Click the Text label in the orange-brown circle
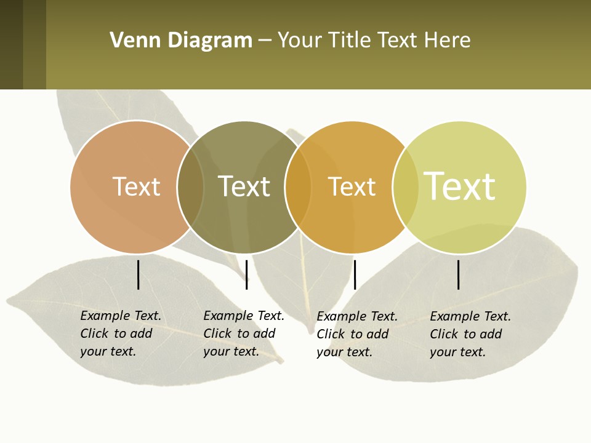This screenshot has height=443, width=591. [x=136, y=186]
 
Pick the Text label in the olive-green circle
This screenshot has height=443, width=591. [x=244, y=186]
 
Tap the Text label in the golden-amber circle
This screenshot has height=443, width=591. [x=352, y=186]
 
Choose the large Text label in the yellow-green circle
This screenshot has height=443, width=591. [x=460, y=186]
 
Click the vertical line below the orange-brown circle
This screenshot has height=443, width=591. [x=139, y=274]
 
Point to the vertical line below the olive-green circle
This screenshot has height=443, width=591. [x=246, y=274]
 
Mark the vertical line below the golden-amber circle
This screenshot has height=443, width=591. [x=355, y=274]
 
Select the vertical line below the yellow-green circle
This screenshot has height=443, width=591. [x=459, y=274]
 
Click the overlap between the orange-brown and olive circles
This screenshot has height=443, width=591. [x=191, y=187]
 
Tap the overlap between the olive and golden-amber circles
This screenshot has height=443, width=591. [x=299, y=187]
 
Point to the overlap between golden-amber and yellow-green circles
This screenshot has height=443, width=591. [x=406, y=187]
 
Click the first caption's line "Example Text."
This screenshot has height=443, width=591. [x=121, y=316]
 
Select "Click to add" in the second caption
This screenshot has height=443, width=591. [x=239, y=333]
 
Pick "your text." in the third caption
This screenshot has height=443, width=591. [x=344, y=352]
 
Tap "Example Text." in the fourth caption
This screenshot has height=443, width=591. [x=470, y=316]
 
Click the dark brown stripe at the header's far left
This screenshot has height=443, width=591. [x=11, y=44]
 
